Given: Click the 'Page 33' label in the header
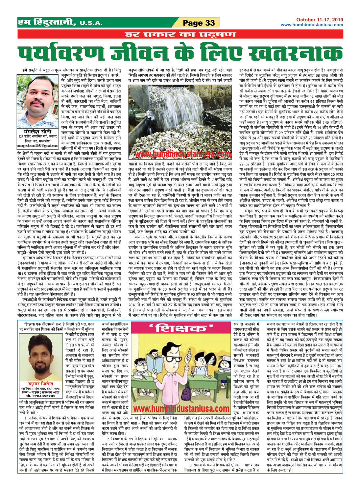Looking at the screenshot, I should (x=199, y=23).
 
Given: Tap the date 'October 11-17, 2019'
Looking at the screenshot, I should (x=319, y=19).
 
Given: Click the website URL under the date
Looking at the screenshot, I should (x=312, y=25).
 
